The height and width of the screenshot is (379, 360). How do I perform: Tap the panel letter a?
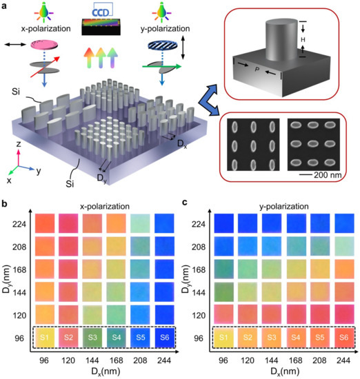pyautogui.click(x=5, y=6)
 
